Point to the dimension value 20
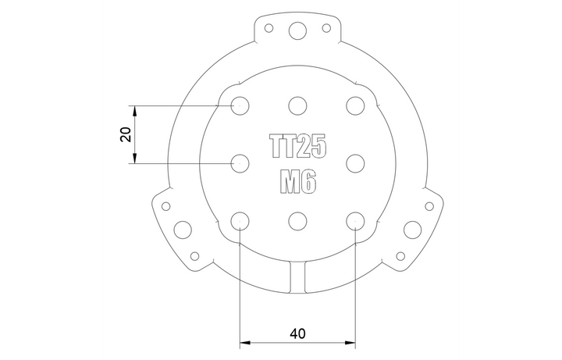coord(125,134)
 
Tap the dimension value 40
coord(297,333)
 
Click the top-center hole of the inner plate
coord(297,105)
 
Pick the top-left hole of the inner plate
coord(240,105)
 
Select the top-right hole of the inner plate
coord(354,105)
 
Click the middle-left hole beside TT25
coord(240,162)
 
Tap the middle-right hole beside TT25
coord(354,162)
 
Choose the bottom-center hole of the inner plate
coord(297,220)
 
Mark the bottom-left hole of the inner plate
coord(240,220)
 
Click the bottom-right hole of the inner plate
coord(354,220)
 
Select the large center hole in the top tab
coord(297,30)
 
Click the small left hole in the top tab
coord(269,28)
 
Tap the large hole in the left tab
coord(182,230)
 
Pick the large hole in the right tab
coord(411,230)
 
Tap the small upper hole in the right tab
coord(429,205)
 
